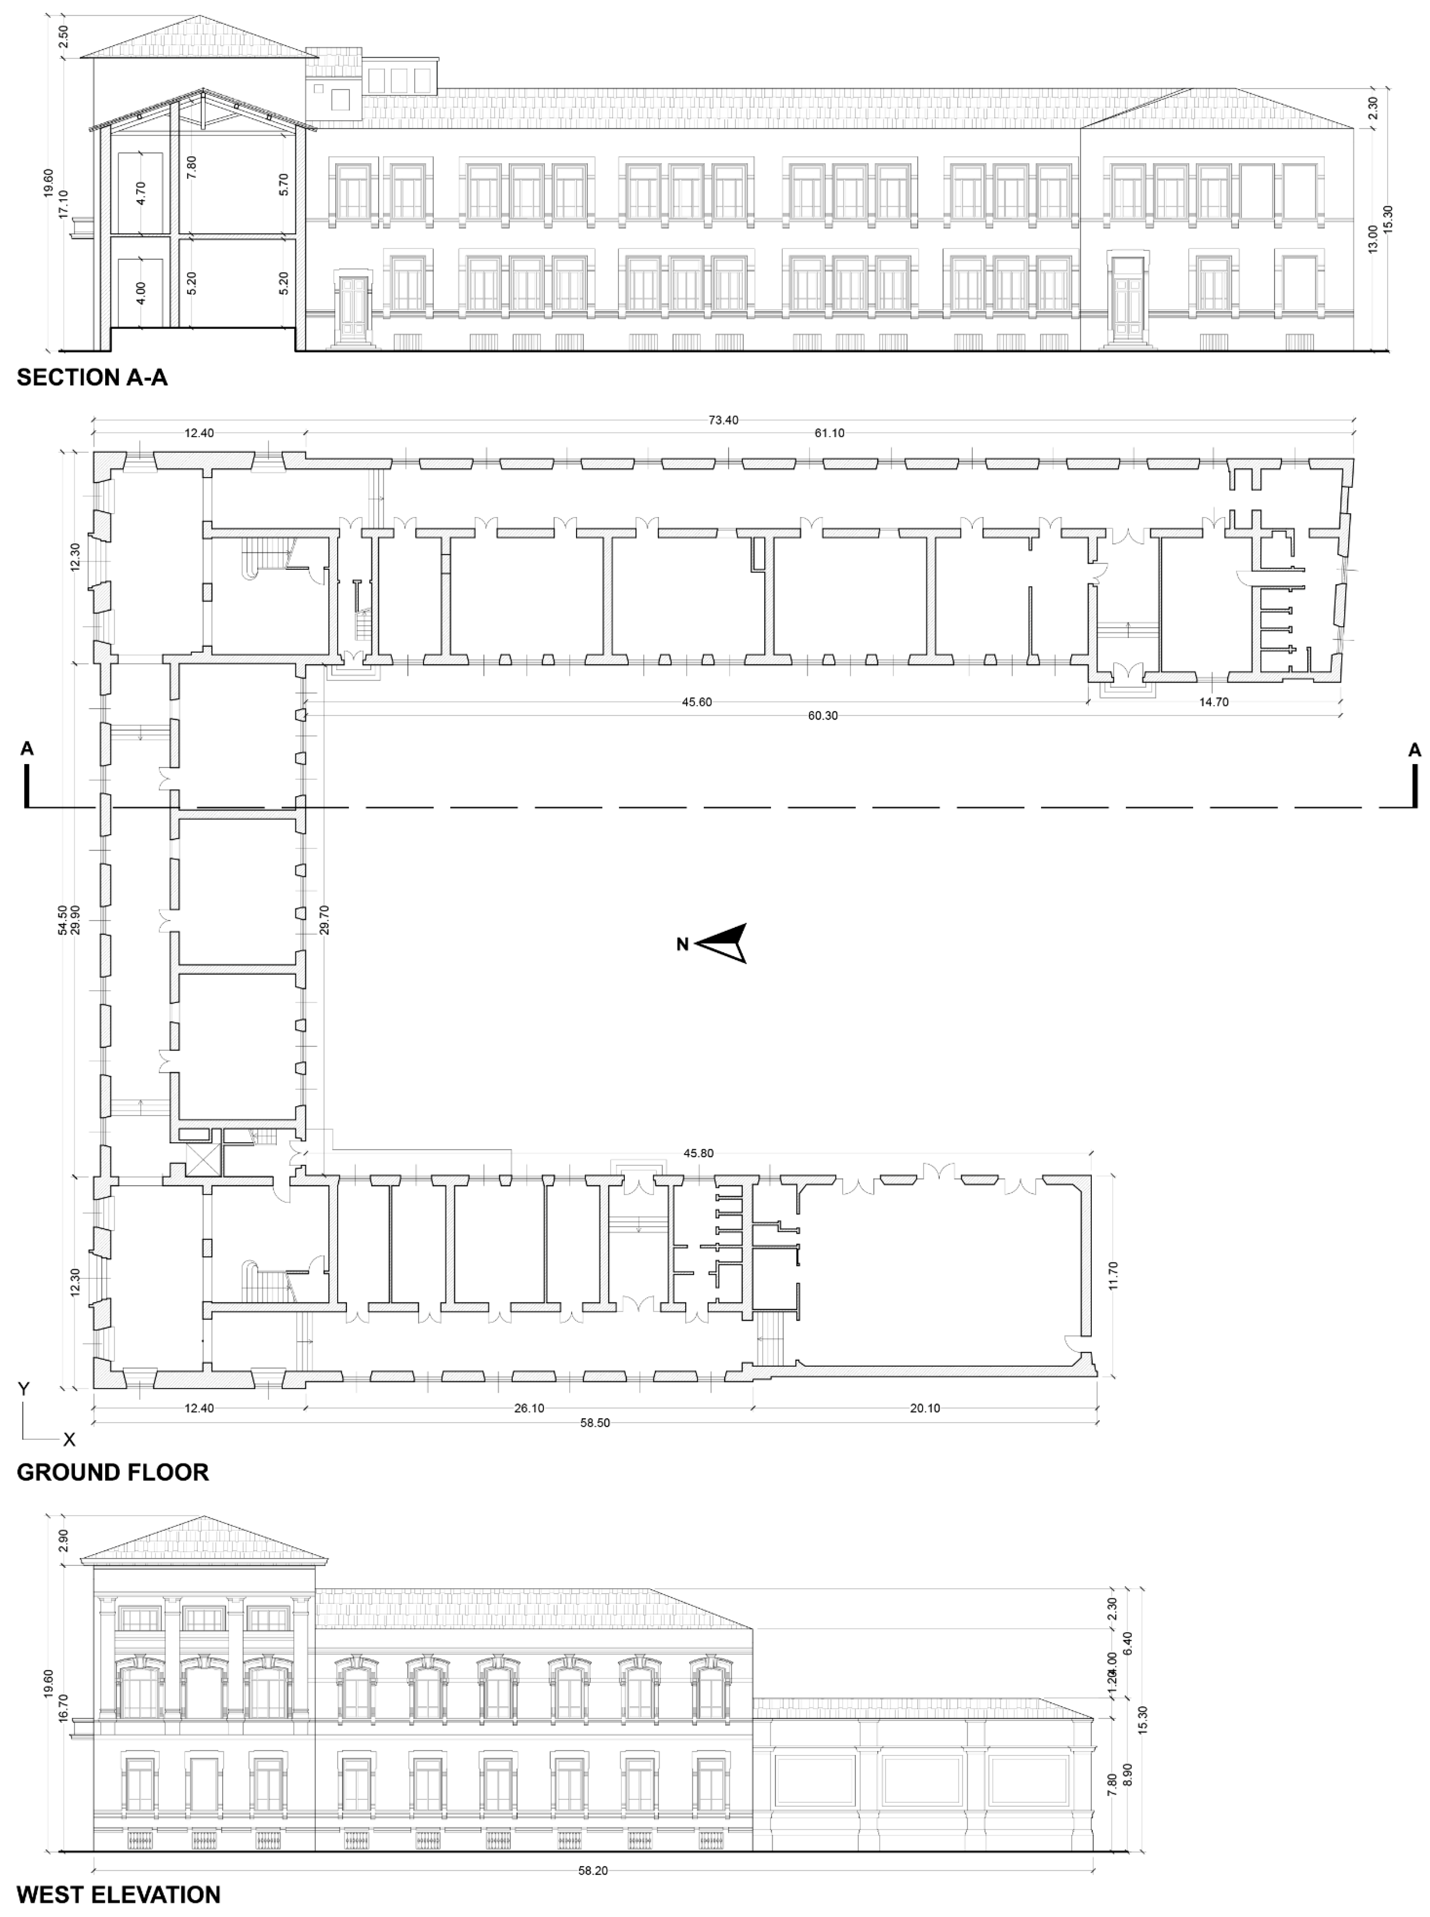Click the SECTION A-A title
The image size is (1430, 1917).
(x=92, y=378)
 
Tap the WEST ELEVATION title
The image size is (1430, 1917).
(x=118, y=1894)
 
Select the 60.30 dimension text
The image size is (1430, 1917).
(x=823, y=716)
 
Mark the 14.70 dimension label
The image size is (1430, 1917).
(x=1214, y=702)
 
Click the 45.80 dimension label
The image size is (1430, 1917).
(x=699, y=1153)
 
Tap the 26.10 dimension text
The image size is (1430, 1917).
(x=529, y=1408)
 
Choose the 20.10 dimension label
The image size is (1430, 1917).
(x=924, y=1408)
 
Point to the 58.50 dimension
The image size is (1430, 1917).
(x=595, y=1422)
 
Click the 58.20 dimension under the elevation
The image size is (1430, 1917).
(x=593, y=1870)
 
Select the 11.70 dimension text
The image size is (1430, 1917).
(x=1113, y=1275)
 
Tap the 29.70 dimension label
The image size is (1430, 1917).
(x=324, y=920)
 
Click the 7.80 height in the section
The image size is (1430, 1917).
(x=191, y=167)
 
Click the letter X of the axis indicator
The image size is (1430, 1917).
(x=69, y=1439)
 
